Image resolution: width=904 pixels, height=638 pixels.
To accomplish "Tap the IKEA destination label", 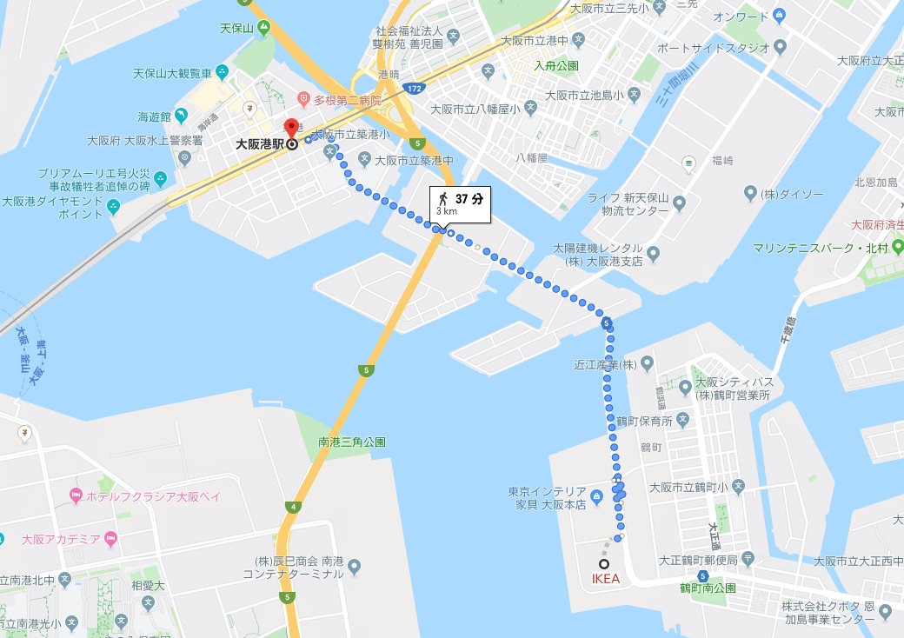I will coord(605,578).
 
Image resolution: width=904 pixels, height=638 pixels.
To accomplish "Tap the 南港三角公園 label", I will coord(351,442).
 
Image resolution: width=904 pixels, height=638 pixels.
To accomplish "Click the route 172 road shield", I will coord(414,89).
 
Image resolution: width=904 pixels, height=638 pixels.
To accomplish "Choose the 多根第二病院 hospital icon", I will coord(303,98).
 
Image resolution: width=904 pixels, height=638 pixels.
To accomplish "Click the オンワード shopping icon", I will coord(779,16).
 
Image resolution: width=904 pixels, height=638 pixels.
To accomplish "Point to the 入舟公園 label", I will coord(555,66).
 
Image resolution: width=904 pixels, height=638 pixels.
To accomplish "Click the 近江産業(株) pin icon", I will coord(648,362).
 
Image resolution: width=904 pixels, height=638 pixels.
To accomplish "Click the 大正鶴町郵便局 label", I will coord(698,560).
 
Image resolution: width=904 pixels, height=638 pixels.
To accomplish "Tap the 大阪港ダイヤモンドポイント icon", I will coord(113,206).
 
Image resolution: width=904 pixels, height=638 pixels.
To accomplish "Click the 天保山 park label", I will coord(236,29).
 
